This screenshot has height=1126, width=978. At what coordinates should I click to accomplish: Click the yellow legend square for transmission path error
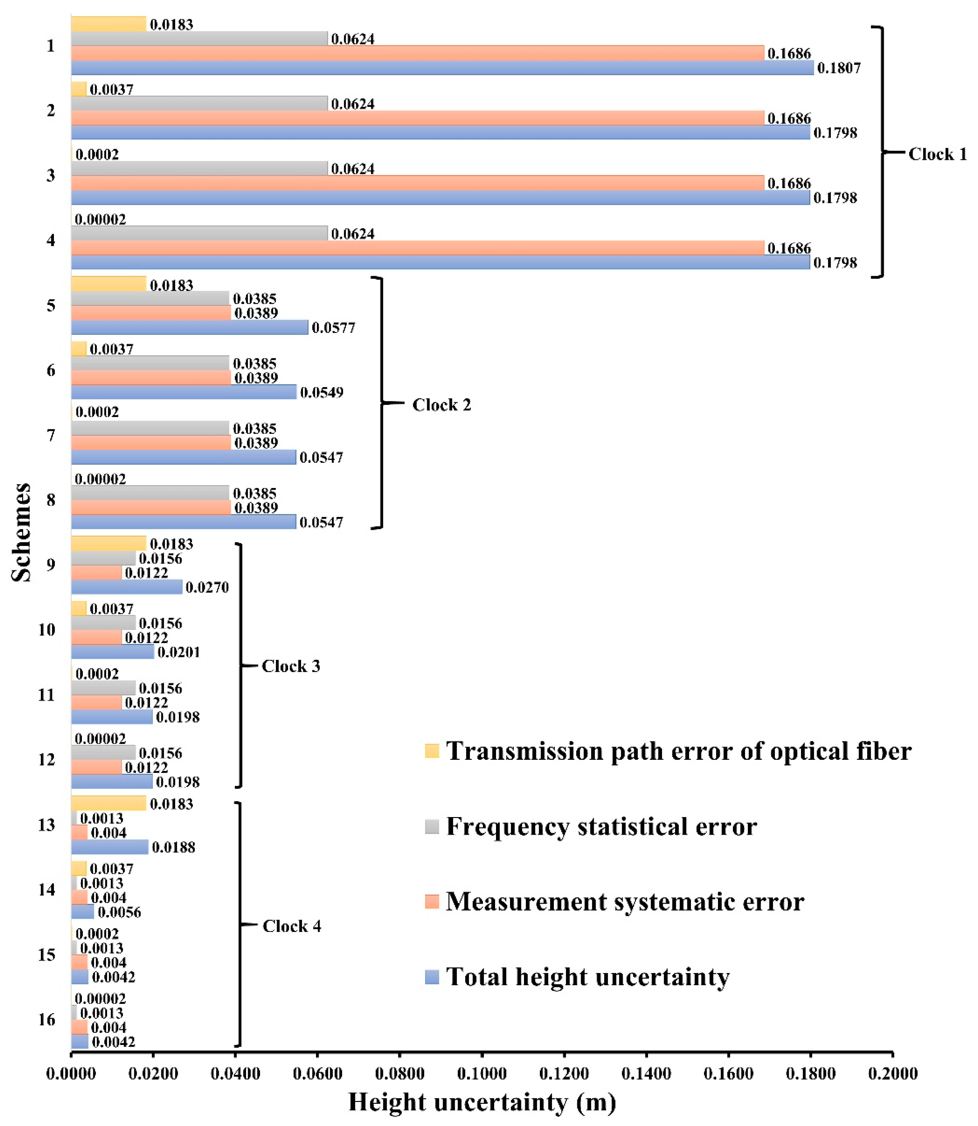(432, 751)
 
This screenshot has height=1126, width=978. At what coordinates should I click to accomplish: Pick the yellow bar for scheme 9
(109, 543)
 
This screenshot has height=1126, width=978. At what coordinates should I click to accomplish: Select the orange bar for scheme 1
(417, 53)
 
